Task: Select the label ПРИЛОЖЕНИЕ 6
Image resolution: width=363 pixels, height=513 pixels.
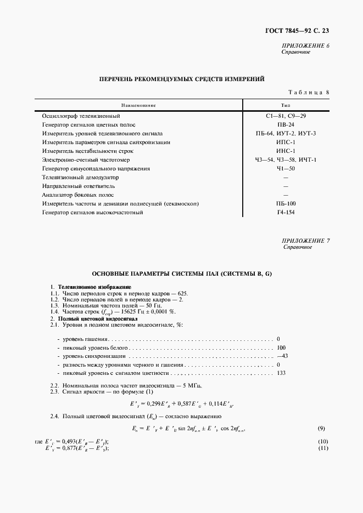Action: pos(306,45)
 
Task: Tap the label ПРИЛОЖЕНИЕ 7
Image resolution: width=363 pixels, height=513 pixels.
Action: pos(306,241)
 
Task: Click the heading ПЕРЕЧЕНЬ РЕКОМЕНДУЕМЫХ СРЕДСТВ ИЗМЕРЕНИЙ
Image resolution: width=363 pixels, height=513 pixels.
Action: pos(181,79)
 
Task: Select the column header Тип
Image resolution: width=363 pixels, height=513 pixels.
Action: pos(286,105)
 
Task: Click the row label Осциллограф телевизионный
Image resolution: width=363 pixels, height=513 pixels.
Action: pos(81,116)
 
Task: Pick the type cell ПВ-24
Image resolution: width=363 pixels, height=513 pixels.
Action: pos(286,125)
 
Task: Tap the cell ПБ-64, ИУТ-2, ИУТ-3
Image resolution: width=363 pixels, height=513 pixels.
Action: pos(286,134)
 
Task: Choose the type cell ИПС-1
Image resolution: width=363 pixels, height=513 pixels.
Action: pos(286,142)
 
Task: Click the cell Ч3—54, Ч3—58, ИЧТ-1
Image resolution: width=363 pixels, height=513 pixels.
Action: pos(286,159)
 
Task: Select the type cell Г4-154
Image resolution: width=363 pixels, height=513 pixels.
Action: pos(286,212)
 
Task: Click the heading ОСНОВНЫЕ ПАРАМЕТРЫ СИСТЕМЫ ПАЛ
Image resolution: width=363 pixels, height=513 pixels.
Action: pos(181,273)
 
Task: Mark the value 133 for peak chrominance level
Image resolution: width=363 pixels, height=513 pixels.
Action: pos(282,373)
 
